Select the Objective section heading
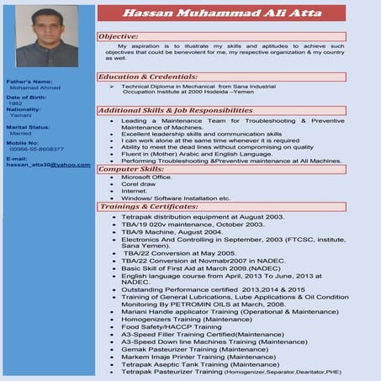124,37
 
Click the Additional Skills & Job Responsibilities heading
187,111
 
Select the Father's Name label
29,80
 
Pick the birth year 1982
16,103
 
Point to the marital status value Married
21,134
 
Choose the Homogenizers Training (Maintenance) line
185,319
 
